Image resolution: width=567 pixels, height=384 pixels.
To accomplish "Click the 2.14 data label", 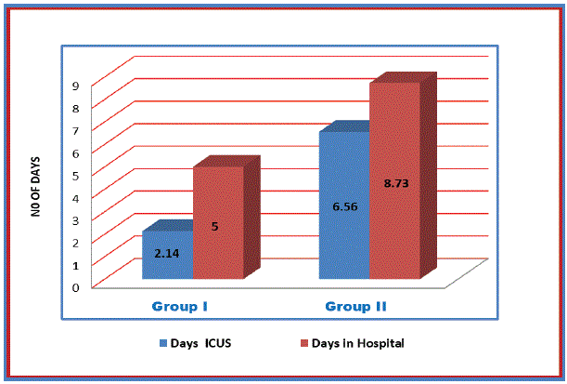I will pyautogui.click(x=166, y=252).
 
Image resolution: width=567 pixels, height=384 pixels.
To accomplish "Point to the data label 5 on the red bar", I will pyautogui.click(x=214, y=225).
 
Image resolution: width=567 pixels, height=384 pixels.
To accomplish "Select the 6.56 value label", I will pyautogui.click(x=343, y=206).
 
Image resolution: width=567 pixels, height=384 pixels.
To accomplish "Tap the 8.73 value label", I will pyautogui.click(x=395, y=184).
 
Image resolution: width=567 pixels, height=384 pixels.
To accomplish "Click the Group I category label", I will pyautogui.click(x=185, y=306).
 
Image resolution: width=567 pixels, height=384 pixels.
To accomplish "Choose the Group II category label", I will pyautogui.click(x=356, y=306).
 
